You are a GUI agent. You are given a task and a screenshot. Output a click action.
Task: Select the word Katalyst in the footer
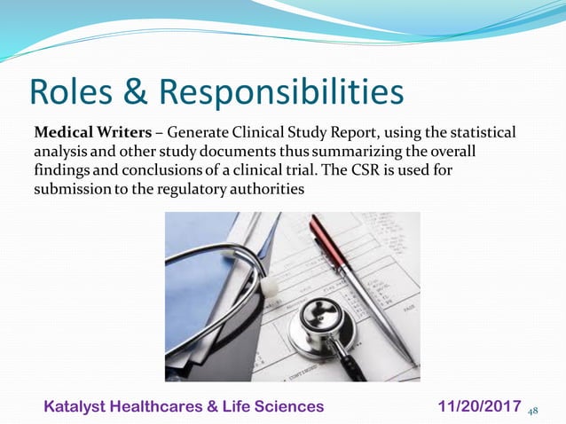tap(79, 406)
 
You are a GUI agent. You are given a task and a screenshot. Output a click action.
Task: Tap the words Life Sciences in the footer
tap(280, 406)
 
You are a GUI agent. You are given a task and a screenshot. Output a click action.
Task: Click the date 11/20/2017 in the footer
tap(480, 406)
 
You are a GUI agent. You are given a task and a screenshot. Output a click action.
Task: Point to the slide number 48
tap(533, 411)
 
